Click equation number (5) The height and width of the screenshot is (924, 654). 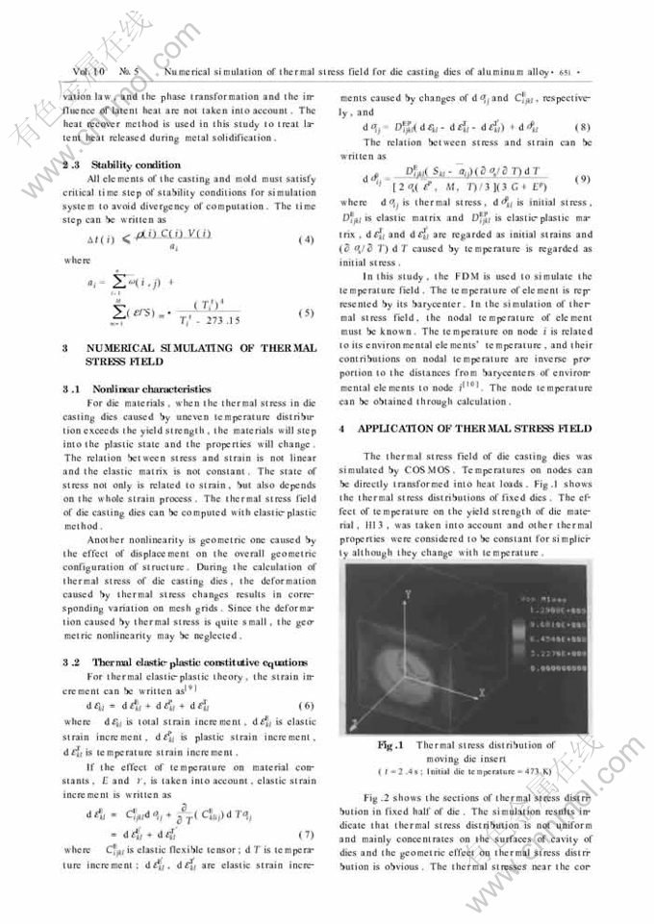[x=307, y=313]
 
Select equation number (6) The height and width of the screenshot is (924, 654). [x=307, y=707]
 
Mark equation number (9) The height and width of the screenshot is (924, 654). [x=580, y=180]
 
